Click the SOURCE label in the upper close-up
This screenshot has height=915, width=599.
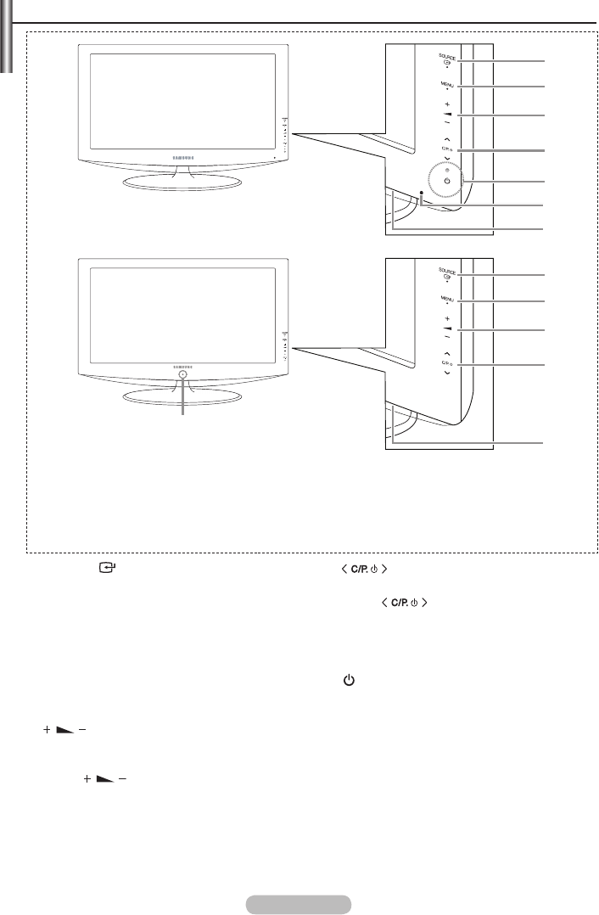(x=446, y=56)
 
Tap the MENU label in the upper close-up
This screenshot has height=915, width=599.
(x=446, y=84)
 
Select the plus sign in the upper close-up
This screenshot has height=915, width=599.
(x=446, y=104)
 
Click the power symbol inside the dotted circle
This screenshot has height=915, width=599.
(x=446, y=182)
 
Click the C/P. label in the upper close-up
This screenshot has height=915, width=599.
(x=445, y=149)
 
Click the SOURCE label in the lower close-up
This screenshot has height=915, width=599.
(x=446, y=271)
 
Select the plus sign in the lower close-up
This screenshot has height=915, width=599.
(x=446, y=317)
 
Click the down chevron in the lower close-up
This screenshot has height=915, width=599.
(x=446, y=373)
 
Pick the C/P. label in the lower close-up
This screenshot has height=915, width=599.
(x=445, y=364)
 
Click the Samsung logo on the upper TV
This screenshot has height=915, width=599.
(x=182, y=156)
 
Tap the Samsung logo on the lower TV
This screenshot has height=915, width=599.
(x=182, y=364)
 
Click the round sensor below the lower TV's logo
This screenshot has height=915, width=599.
(x=182, y=374)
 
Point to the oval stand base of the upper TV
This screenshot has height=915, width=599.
(x=182, y=182)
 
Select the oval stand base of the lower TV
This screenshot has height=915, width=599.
(x=182, y=397)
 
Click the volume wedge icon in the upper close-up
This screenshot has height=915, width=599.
(x=446, y=113)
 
